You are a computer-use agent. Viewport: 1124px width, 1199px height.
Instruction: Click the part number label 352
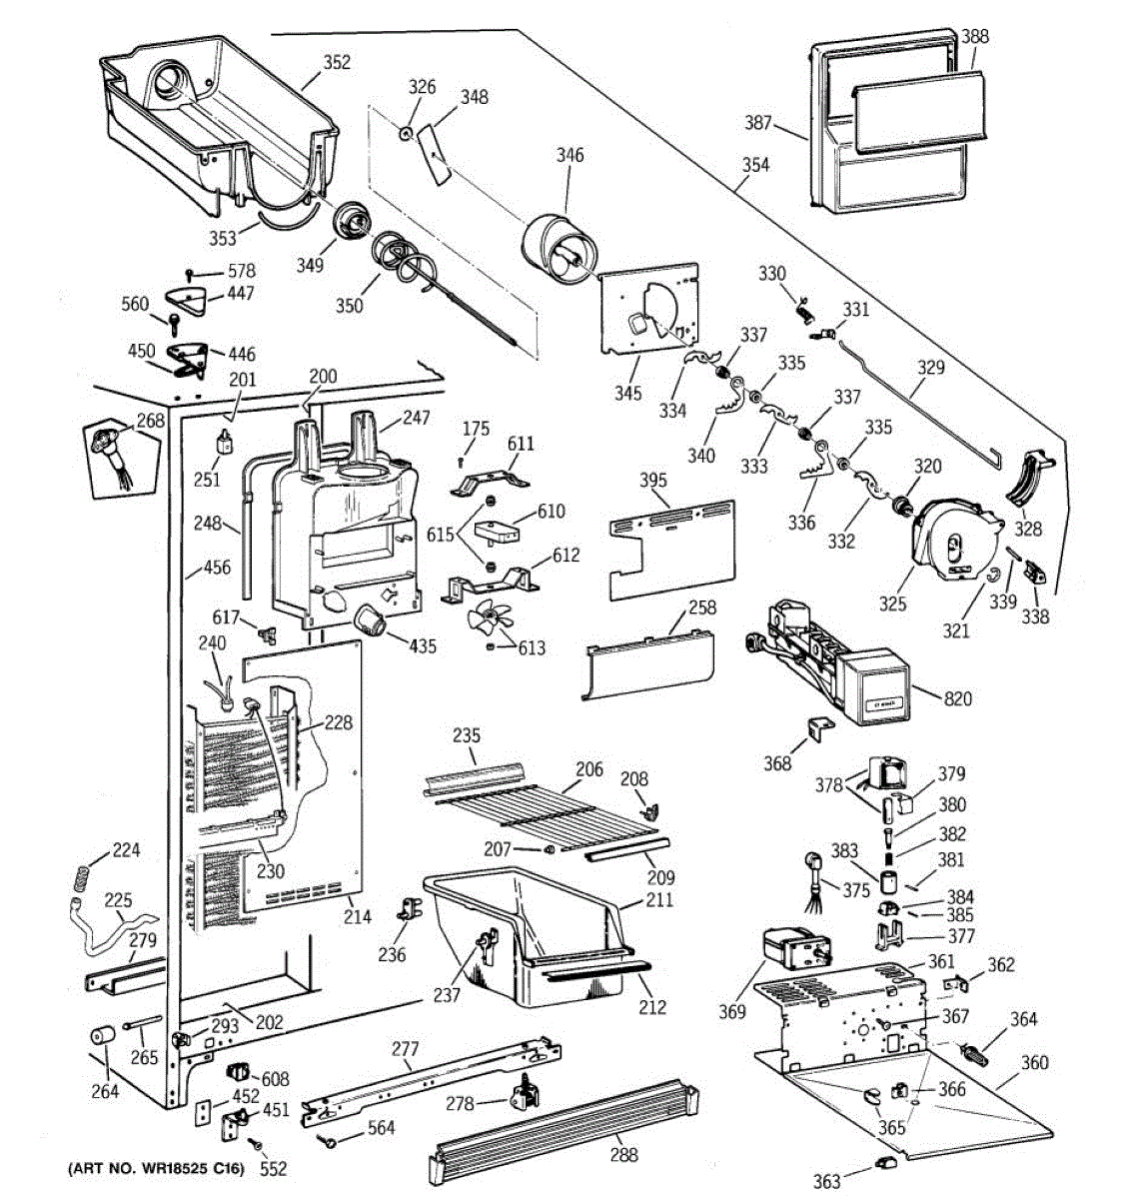tap(337, 62)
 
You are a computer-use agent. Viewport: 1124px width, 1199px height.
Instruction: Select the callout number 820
tap(957, 699)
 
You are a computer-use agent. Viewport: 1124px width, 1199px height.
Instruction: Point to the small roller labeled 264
tap(103, 1036)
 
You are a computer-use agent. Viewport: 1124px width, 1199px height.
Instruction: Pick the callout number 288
tap(623, 1155)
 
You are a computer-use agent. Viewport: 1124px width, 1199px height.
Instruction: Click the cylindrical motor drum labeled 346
tap(560, 250)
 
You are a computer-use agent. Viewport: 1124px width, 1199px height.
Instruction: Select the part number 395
tap(652, 481)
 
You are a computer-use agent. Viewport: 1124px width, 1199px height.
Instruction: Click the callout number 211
tap(659, 900)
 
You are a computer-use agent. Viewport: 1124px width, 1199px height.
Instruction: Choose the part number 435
tap(423, 646)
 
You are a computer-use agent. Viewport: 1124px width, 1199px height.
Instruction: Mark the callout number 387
tap(758, 123)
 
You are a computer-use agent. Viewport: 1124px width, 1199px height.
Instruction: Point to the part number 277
tap(404, 1049)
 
